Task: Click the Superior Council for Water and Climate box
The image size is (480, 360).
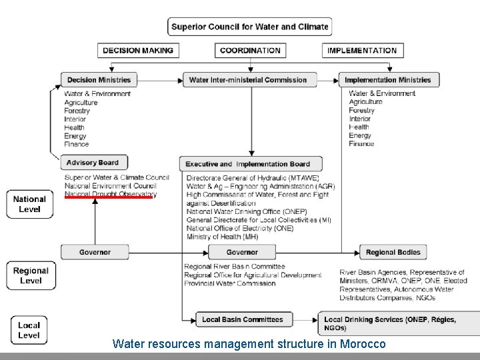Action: click(x=249, y=27)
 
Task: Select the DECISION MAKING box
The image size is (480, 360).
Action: click(x=138, y=50)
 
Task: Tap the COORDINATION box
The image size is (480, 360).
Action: click(x=250, y=50)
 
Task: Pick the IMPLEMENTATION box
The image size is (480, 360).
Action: click(x=362, y=50)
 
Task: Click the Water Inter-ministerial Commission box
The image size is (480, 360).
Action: click(x=248, y=80)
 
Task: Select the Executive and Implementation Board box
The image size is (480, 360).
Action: click(x=250, y=164)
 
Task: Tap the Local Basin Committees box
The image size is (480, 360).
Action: click(x=243, y=319)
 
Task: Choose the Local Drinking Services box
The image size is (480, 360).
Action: click(x=390, y=323)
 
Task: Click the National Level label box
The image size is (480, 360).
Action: click(x=29, y=204)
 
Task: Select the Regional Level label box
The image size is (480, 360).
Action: click(x=31, y=275)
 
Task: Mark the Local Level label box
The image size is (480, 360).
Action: click(x=29, y=330)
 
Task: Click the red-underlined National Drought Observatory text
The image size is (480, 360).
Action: click(x=110, y=194)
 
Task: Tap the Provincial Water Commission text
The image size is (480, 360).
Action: click(x=229, y=283)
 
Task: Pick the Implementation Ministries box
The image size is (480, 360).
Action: click(x=387, y=80)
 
